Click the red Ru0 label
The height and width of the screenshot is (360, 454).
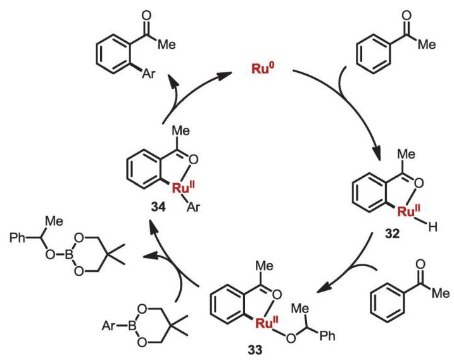click(263, 68)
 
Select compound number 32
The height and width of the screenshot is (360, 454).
click(392, 234)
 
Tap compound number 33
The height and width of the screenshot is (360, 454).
click(255, 350)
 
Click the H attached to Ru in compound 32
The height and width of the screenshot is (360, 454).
click(433, 228)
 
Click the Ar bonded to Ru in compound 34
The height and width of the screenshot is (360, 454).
click(193, 207)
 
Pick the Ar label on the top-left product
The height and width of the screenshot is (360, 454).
click(149, 74)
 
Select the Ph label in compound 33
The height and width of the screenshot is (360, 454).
click(327, 336)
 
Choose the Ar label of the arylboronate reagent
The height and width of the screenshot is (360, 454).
click(109, 326)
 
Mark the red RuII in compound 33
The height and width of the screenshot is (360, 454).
click(267, 323)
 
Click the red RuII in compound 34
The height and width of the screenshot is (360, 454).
click(184, 188)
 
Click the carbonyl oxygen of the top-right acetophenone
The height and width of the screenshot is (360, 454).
click(407, 15)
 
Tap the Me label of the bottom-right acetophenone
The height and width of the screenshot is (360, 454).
click(441, 293)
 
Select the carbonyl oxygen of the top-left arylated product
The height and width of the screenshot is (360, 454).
click(147, 15)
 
